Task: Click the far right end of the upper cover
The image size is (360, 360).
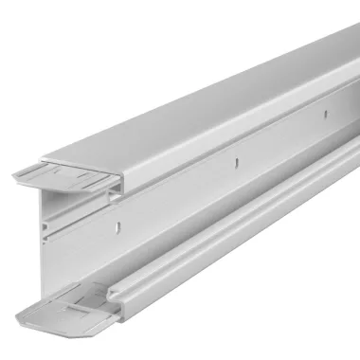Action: point(352,43)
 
